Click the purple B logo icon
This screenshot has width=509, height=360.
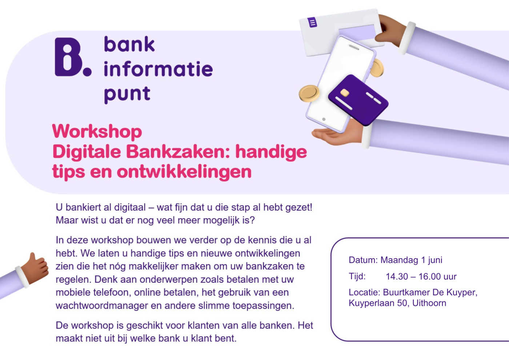click(69, 57)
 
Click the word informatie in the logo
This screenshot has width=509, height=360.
click(158, 69)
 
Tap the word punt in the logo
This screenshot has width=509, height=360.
click(127, 94)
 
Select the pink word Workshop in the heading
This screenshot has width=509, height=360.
click(97, 132)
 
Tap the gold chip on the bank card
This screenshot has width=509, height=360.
click(344, 93)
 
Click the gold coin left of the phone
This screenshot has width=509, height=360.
click(309, 93)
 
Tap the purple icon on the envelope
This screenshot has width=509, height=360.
click(312, 23)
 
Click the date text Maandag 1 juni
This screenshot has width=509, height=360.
click(411, 260)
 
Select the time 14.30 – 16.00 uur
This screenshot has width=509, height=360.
click(421, 277)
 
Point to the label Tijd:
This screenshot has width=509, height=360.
click(357, 276)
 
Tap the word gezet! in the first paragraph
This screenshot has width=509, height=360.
click(299, 207)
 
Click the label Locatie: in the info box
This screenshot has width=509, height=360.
click(364, 292)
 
